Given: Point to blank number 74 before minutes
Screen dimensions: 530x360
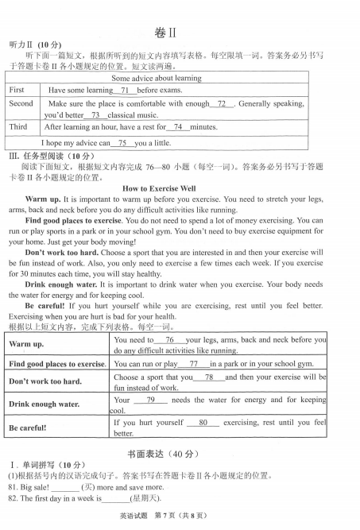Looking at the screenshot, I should (178, 127).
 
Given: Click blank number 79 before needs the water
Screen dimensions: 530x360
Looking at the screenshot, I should (150, 400).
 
